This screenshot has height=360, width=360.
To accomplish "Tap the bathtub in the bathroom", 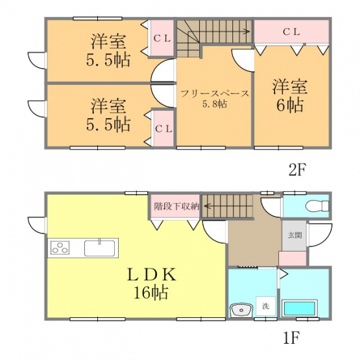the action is [x=300, y=308].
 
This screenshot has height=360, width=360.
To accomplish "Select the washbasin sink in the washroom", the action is [x=242, y=311].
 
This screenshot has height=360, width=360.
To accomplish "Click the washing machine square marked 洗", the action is [x=266, y=306].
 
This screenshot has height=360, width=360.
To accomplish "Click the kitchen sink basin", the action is [x=100, y=248].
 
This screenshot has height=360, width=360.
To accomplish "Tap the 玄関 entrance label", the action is [x=294, y=235].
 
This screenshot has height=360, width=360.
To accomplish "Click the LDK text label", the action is [x=152, y=274].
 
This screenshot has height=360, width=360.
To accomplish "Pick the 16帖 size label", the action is [x=151, y=293].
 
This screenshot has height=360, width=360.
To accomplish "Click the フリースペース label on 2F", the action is [x=215, y=94].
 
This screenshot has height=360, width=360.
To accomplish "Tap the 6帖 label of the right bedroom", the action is [x=290, y=105].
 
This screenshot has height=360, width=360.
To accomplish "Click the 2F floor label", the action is [x=297, y=169].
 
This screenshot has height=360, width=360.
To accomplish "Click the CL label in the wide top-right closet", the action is [x=292, y=32].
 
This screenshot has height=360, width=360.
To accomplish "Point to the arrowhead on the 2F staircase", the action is [x=248, y=31].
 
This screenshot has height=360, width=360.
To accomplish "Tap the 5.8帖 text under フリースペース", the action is [x=215, y=104].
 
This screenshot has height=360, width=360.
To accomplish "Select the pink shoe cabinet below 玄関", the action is [x=293, y=259].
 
